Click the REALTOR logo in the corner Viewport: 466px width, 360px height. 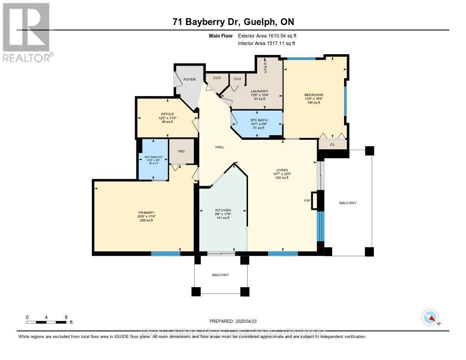click(x=26, y=32)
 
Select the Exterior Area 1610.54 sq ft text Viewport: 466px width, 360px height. click(x=267, y=35)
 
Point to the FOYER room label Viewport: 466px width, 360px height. click(x=189, y=80)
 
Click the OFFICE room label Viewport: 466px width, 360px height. click(x=167, y=114)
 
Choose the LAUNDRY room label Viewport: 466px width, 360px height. click(x=259, y=91)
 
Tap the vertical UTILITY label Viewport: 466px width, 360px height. click(x=266, y=66)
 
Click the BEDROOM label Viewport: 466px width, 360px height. click(x=314, y=95)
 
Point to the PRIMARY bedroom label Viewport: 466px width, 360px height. click(x=147, y=213)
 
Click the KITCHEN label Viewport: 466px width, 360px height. click(x=223, y=210)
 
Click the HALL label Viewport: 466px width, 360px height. click(x=220, y=147)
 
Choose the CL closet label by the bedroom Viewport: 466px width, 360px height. click(x=332, y=145)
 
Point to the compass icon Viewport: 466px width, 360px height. click(x=430, y=317)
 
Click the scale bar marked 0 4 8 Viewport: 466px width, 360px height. click(x=47, y=322)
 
